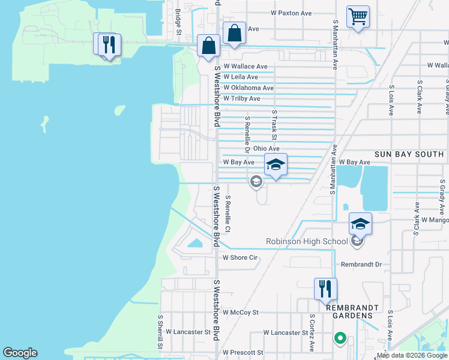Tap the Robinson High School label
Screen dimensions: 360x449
coord(307,242)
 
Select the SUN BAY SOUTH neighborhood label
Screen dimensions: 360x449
coord(409,154)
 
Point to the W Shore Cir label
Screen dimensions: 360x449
coord(240,258)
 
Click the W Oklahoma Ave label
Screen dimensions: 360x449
coord(248,88)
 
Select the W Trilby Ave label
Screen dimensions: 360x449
coord(241,98)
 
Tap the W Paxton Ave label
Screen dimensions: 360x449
coord(291,13)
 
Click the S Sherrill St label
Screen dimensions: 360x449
coord(160,332)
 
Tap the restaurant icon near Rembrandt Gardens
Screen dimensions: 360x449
coord(325,289)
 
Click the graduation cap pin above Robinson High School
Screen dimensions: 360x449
coord(360,223)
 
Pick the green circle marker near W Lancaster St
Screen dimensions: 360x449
coord(340,338)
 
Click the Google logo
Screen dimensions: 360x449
coord(20,353)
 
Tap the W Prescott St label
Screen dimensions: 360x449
coord(243,353)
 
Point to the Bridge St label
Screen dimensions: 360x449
coord(178,22)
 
